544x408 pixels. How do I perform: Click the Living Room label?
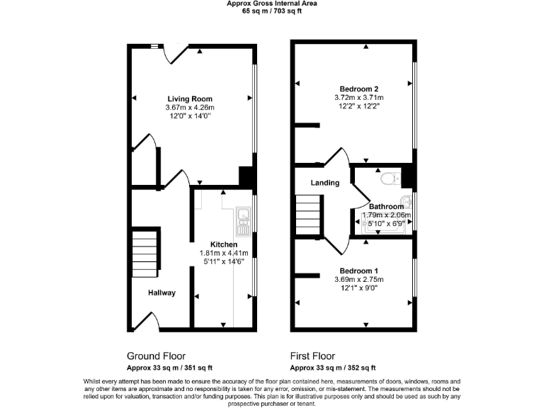[x=190, y=98]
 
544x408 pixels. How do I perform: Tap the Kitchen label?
[x=223, y=244]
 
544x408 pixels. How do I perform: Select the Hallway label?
[x=161, y=293]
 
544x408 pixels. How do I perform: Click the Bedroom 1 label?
[x=358, y=271]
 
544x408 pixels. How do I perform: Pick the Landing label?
[x=325, y=183]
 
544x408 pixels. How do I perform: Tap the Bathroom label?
[x=386, y=207]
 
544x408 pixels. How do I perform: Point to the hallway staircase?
[x=144, y=254]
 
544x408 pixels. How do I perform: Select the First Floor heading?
[x=312, y=356]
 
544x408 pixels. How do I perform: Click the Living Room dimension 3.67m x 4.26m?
[x=190, y=108]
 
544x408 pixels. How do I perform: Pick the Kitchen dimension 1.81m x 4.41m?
[x=223, y=253]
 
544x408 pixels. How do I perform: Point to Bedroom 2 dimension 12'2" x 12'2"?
[x=358, y=106]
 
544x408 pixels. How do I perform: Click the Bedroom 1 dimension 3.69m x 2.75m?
[x=358, y=280]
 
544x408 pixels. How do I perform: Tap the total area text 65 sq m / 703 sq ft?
[x=271, y=11]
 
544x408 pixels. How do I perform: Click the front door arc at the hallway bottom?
[x=150, y=323]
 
